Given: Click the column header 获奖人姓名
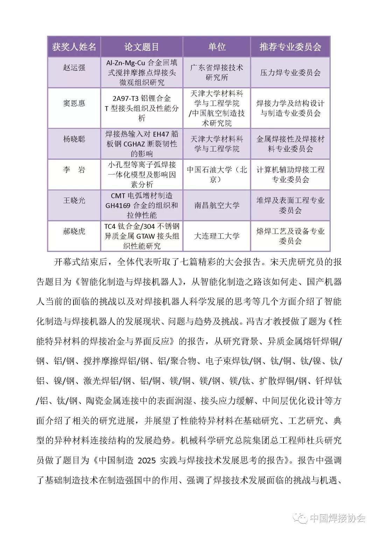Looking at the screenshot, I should [x=74, y=47].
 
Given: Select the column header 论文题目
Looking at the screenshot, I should [x=141, y=47].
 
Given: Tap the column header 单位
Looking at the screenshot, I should [x=217, y=47].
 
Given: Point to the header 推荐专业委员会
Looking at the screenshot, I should [x=290, y=47].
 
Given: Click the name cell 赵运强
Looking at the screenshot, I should [x=74, y=68].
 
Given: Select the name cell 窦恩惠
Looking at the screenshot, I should [x=74, y=104].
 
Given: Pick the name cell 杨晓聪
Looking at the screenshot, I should [x=74, y=139].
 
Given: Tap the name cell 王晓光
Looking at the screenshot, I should [x=74, y=200].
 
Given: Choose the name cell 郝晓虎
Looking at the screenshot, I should [x=74, y=231].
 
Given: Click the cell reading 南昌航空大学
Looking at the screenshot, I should [x=217, y=205].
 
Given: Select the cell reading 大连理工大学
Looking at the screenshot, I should [x=217, y=236].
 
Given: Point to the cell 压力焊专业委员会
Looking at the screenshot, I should [x=290, y=73].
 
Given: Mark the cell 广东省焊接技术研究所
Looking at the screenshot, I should [x=217, y=72].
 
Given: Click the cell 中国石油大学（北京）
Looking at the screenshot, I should [x=217, y=174].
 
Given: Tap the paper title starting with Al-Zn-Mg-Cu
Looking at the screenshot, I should [x=141, y=72].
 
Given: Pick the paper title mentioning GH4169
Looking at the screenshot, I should [x=141, y=205].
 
